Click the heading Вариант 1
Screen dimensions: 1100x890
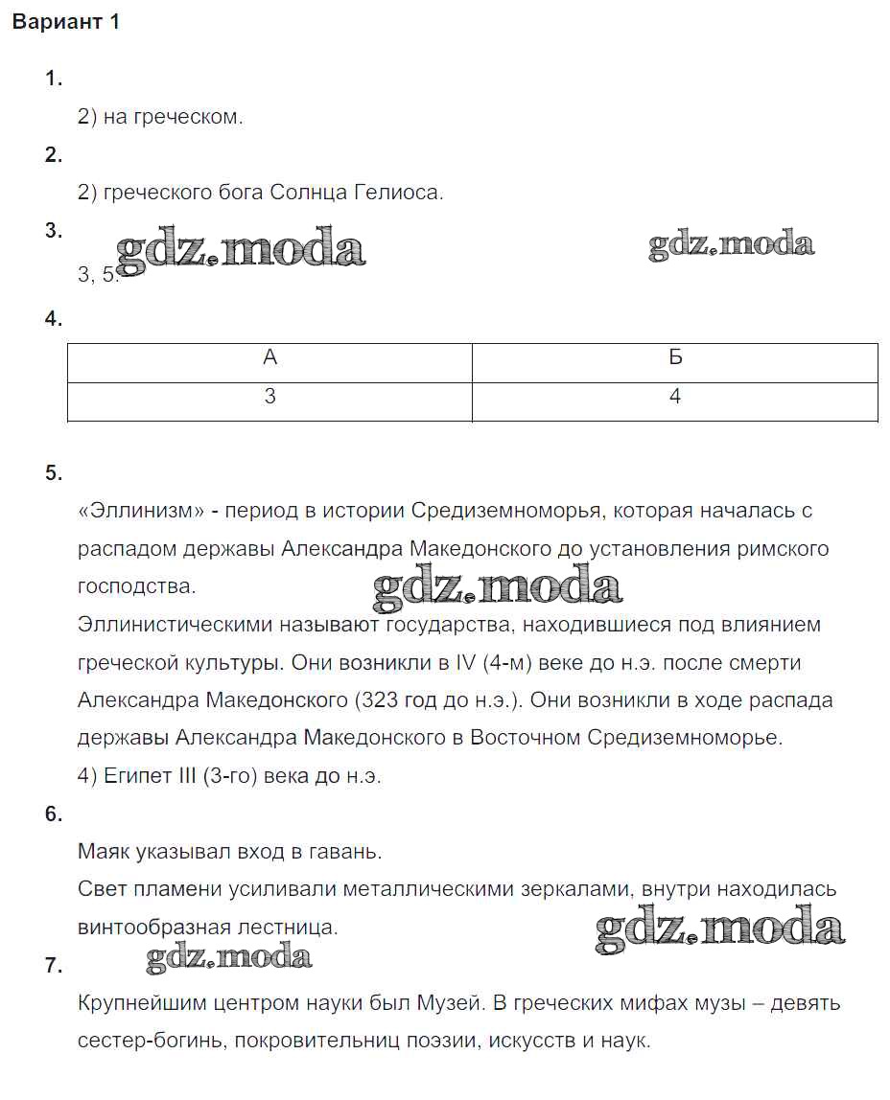(66, 23)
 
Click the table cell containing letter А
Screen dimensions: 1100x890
(269, 357)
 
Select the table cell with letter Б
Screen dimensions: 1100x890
(675, 357)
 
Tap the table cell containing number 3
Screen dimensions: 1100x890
(269, 396)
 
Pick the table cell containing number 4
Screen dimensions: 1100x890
(675, 396)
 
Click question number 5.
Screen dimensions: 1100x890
(53, 472)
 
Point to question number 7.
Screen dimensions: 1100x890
(53, 966)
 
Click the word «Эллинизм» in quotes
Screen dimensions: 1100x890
(141, 511)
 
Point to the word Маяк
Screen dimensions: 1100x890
(105, 851)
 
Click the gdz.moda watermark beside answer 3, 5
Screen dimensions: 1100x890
(240, 250)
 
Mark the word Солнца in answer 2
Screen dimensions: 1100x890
(304, 193)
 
